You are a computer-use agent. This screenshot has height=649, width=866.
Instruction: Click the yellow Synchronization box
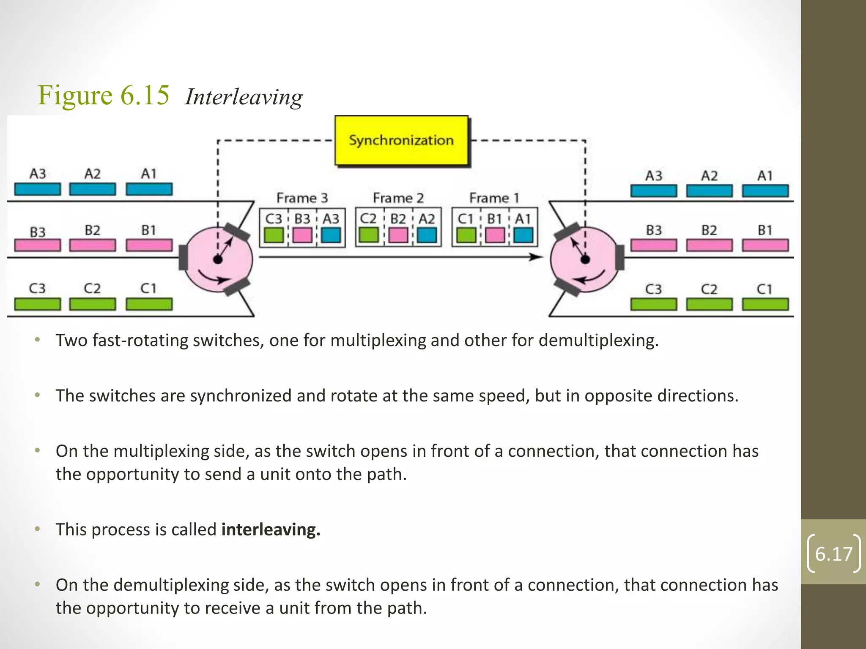tap(401, 141)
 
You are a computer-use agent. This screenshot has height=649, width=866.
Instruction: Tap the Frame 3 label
tap(302, 198)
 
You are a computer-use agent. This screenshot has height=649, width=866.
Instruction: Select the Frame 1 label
tap(494, 198)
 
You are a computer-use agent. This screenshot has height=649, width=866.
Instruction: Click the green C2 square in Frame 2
tap(368, 235)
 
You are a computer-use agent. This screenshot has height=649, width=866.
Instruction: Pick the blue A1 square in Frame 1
tap(523, 235)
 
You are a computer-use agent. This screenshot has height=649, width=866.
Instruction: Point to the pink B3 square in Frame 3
tap(302, 235)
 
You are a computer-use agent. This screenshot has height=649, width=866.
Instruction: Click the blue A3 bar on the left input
tap(37, 189)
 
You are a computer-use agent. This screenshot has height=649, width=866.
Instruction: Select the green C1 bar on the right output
tap(765, 304)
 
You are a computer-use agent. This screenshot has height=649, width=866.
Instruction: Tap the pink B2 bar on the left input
tap(92, 245)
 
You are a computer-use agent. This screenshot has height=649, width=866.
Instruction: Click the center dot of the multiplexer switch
tap(218, 259)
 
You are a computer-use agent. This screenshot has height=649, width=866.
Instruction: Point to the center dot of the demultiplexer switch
tap(585, 259)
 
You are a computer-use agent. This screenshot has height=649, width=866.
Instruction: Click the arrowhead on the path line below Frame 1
tap(537, 257)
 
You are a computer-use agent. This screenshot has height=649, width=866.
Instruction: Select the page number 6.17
tap(833, 554)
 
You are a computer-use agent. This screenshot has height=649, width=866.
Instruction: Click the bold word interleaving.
tap(271, 529)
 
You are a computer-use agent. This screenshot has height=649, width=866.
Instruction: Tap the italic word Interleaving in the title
tap(244, 97)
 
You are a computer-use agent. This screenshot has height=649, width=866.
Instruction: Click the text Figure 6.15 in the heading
tap(104, 95)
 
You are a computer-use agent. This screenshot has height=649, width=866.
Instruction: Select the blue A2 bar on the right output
tap(709, 191)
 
